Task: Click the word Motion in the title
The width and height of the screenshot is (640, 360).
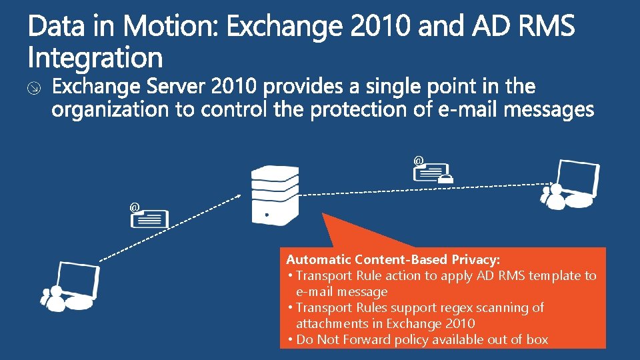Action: (x=171, y=27)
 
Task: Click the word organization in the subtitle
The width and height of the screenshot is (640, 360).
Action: (x=111, y=109)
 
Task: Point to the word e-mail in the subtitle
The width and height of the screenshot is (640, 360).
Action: (x=467, y=109)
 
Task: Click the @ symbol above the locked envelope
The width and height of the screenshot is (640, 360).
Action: (x=419, y=161)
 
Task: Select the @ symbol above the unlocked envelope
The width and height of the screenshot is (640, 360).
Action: (x=135, y=208)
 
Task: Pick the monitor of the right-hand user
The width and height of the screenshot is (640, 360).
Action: (x=577, y=177)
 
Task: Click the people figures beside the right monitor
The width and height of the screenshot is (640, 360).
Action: (x=555, y=197)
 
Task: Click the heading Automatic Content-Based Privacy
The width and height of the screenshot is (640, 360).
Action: (x=393, y=259)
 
